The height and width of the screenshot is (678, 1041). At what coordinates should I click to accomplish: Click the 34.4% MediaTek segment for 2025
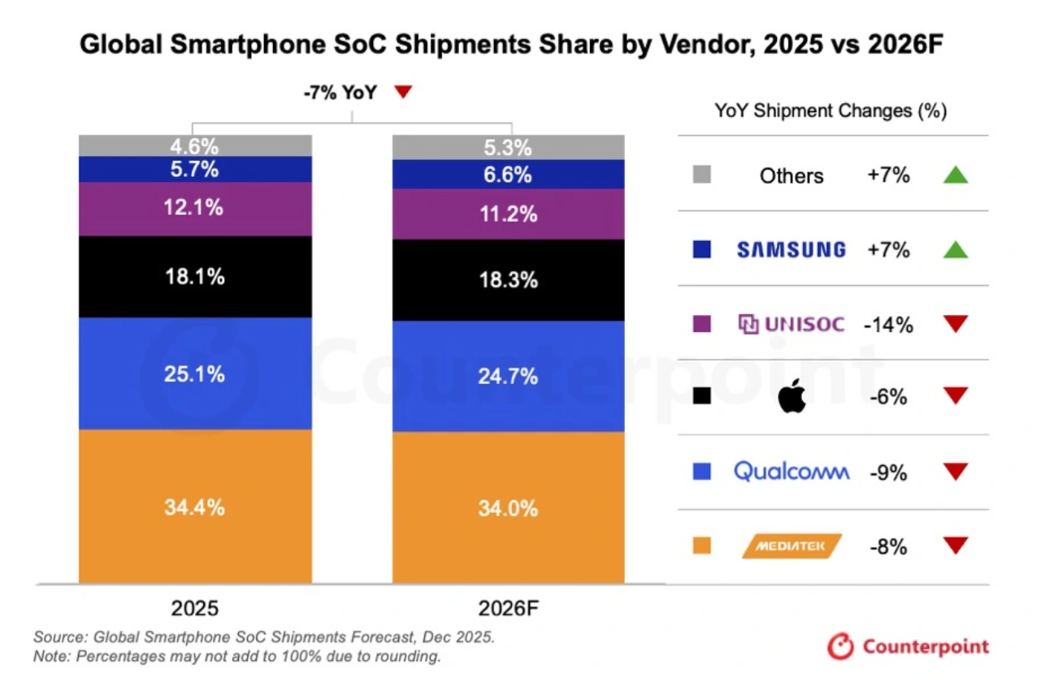195,507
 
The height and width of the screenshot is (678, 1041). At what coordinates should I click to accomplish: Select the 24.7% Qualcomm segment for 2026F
509,376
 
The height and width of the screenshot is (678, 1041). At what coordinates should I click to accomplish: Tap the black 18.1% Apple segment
195,276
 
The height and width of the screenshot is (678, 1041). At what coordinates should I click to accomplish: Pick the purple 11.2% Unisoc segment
509,214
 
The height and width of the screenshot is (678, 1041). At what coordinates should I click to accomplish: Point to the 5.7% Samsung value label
195,169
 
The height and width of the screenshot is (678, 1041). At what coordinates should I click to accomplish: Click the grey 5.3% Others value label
509,148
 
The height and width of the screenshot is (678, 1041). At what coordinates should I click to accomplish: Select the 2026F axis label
509,608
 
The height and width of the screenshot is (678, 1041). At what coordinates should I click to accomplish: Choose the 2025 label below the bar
195,608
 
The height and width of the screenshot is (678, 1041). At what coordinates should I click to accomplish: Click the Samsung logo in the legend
791,250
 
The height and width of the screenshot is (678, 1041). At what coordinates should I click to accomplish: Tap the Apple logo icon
792,397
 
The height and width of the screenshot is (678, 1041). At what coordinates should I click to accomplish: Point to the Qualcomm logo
791,471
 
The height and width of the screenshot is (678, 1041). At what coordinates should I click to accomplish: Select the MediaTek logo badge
792,546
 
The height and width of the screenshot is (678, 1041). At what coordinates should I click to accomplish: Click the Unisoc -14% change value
888,325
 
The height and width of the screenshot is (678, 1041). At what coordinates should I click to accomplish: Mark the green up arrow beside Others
956,175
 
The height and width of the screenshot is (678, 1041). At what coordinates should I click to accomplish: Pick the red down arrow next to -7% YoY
403,93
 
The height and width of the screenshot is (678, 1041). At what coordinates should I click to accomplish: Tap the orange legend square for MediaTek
702,546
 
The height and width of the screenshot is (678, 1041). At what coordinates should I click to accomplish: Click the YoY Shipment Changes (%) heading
831,110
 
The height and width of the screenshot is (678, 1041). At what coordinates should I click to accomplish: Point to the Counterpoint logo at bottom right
909,646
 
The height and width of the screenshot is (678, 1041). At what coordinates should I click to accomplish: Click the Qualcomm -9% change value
887,472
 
